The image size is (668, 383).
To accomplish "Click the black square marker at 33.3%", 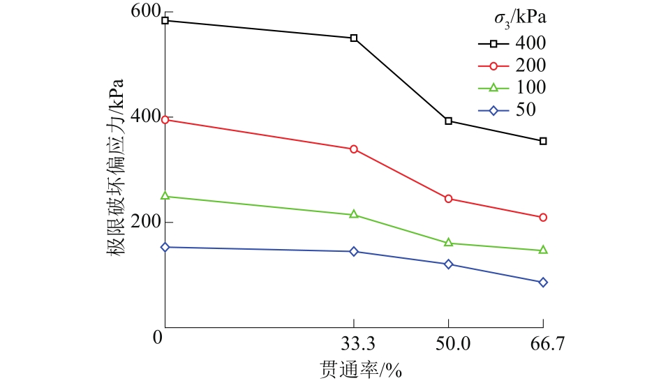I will pos(354,38).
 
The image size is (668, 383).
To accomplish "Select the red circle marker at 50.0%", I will pos(448,199).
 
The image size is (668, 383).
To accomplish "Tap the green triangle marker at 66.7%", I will pos(543,250).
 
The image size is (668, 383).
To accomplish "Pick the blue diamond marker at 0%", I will pos(165,247).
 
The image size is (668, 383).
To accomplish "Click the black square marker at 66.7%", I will pos(543,141).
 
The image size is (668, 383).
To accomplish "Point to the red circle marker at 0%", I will pos(165,120).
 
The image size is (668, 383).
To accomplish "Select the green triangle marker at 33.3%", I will pos(354,214).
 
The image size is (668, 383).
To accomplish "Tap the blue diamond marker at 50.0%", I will pos(448,264).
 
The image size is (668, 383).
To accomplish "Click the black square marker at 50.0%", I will pos(448,121).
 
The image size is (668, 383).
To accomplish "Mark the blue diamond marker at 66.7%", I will pos(543,283).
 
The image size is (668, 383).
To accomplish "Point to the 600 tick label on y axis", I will pos(144,11).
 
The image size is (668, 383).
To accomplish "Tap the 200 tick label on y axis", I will pos(144,222).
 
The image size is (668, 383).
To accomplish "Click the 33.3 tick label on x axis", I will pos(355,344).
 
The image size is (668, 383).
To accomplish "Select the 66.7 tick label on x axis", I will pos(543,344).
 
